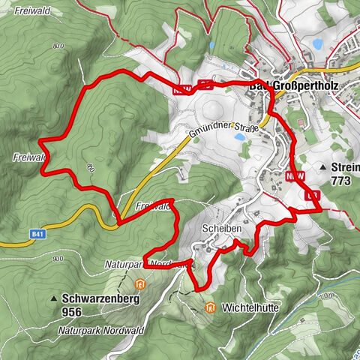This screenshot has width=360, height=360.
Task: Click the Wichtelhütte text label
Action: click(x=245, y=307)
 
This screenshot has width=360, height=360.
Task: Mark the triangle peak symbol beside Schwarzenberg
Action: click(x=53, y=298)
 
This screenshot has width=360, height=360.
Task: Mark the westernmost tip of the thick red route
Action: click(x=39, y=140)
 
